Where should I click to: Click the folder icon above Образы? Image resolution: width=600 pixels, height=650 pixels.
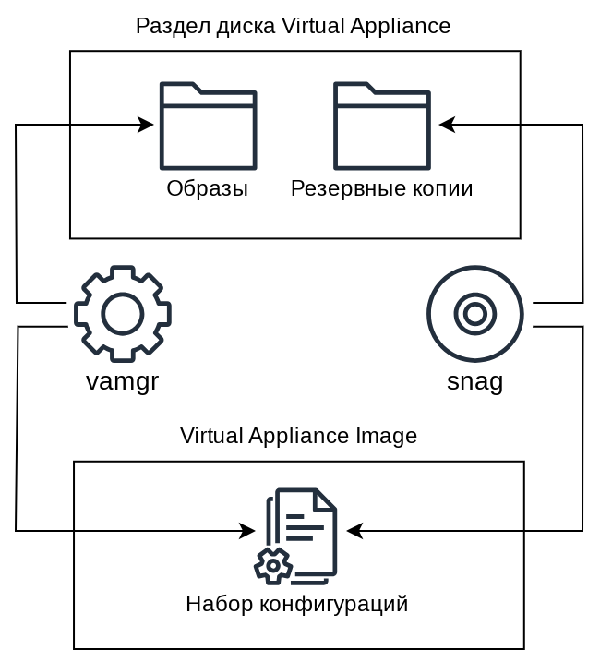(208, 126)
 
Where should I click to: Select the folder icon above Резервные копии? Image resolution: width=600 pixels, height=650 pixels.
(381, 126)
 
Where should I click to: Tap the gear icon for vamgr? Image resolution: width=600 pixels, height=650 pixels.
(122, 314)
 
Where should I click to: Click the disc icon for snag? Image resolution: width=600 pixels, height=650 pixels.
(475, 314)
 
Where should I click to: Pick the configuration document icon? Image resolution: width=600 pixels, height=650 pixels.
(297, 536)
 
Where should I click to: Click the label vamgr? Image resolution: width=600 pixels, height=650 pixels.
(122, 381)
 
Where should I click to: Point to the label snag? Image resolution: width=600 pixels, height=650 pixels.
(474, 381)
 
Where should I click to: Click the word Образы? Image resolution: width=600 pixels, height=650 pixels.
(207, 189)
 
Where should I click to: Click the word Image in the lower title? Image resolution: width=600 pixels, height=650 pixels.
(390, 436)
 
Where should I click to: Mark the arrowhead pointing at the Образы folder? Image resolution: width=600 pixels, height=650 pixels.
(146, 125)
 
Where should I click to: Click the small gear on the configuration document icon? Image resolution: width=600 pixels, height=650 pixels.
(272, 565)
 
